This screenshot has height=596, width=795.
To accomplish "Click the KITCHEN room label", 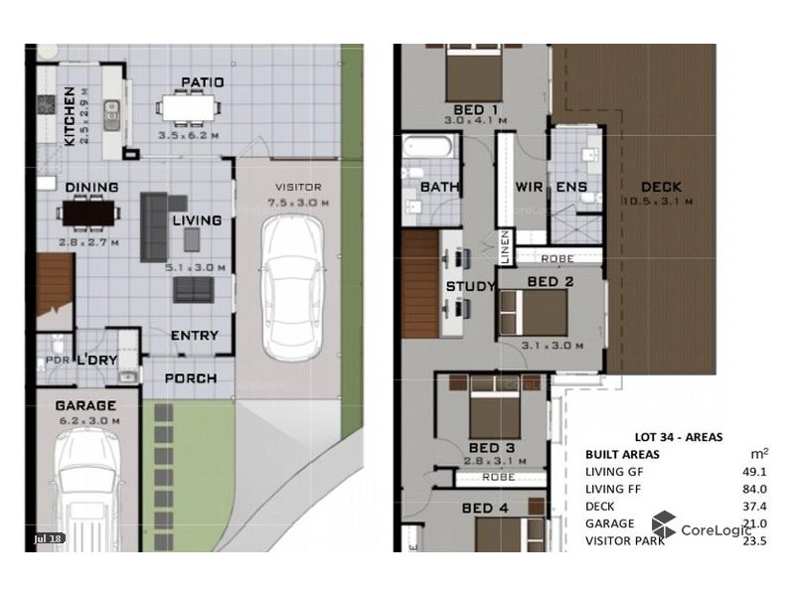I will pos(70,115).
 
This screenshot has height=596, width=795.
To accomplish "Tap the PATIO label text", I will pos(202,82).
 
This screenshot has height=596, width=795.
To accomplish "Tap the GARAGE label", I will pos(85,405).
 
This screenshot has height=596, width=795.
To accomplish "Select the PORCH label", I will pos(191,378).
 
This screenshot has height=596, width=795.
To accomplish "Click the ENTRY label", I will pos(194,336).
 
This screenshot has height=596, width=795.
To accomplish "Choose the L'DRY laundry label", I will pos(98,359).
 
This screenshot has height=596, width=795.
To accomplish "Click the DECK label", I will pos(661,187).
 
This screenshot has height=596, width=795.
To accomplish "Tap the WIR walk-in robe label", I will pos(528,187).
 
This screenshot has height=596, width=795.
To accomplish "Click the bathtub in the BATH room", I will pos(428,149).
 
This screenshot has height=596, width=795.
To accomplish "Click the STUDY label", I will pos(470,287).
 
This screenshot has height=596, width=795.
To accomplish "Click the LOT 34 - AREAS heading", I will pos(678,436).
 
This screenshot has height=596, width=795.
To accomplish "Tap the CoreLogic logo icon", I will pos(664,525).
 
